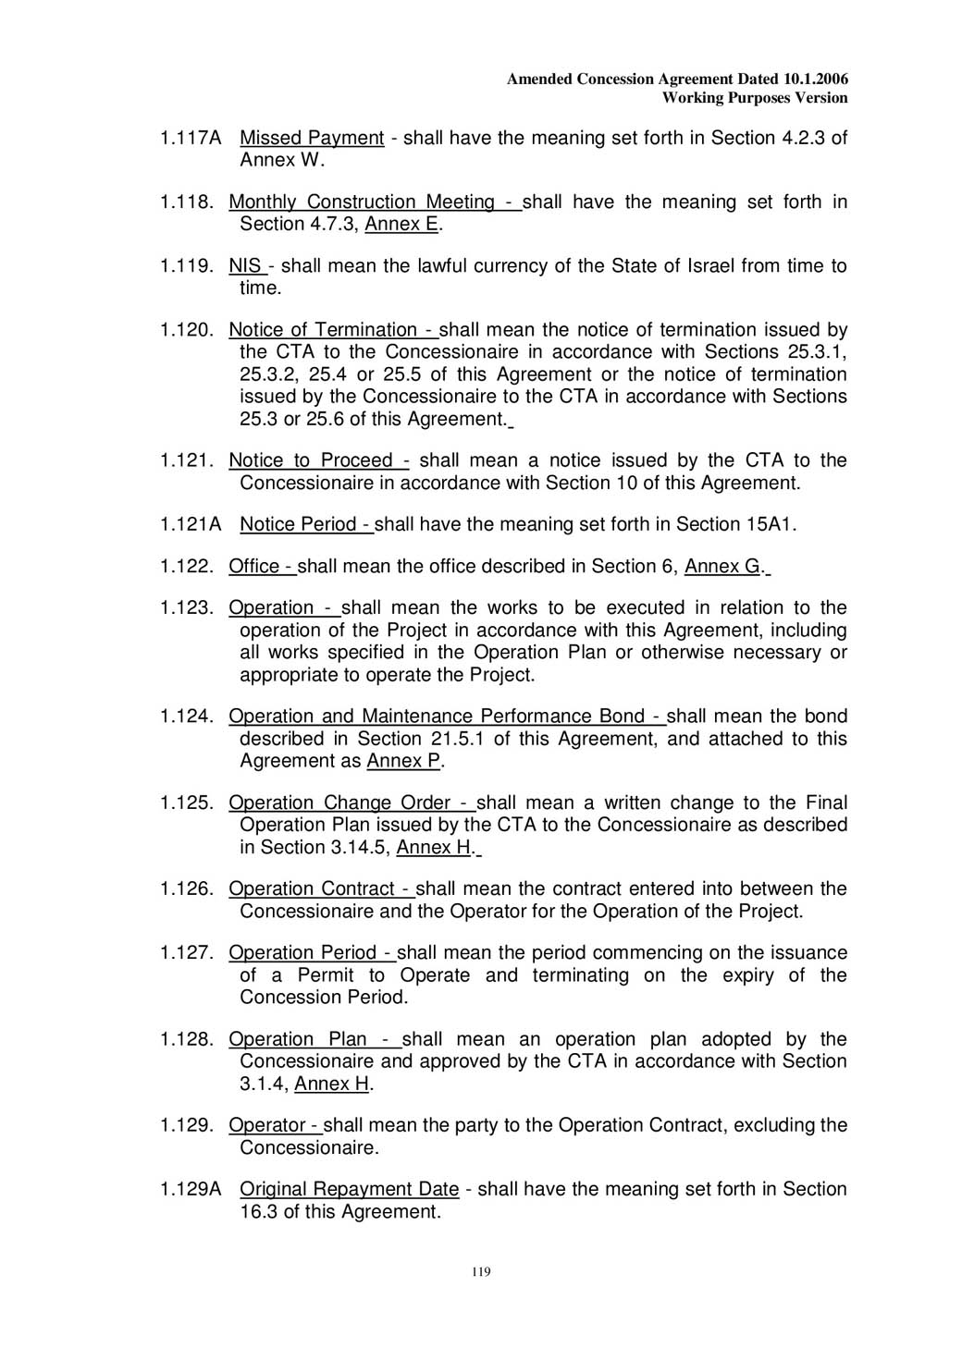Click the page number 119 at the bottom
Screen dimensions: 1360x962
coord(481,1272)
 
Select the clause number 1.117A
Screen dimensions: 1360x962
coord(191,139)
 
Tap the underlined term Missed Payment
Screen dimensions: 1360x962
coord(312,139)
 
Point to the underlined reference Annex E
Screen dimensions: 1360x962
coord(401,225)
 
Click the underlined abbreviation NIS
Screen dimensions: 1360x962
coord(245,266)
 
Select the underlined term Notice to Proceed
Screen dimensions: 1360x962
coord(311,460)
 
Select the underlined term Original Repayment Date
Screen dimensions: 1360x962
coord(350,1190)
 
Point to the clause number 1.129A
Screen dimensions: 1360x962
coord(191,1190)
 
